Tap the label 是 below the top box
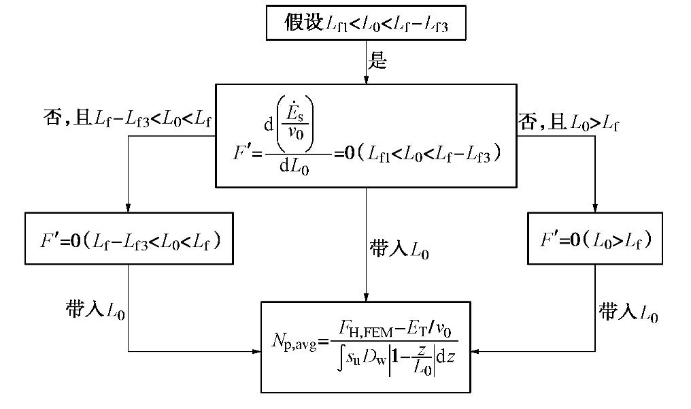(377, 61)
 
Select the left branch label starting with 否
(127, 120)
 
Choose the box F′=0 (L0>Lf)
(595, 238)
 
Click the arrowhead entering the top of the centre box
(366, 80)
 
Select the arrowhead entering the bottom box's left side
(256, 352)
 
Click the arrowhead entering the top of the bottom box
(366, 297)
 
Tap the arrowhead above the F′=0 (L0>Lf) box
(595, 208)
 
